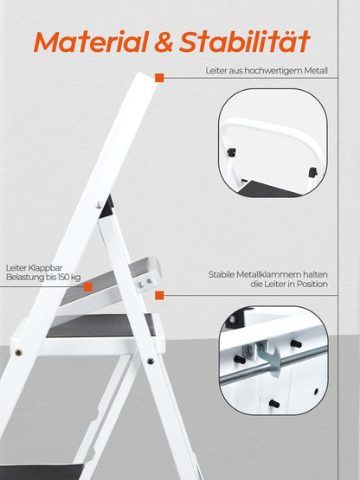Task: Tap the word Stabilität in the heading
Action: [255, 41]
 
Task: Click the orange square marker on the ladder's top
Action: [158, 78]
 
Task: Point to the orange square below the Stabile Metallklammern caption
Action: [158, 296]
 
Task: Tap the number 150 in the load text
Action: [65, 278]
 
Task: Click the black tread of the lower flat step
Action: [100, 325]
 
